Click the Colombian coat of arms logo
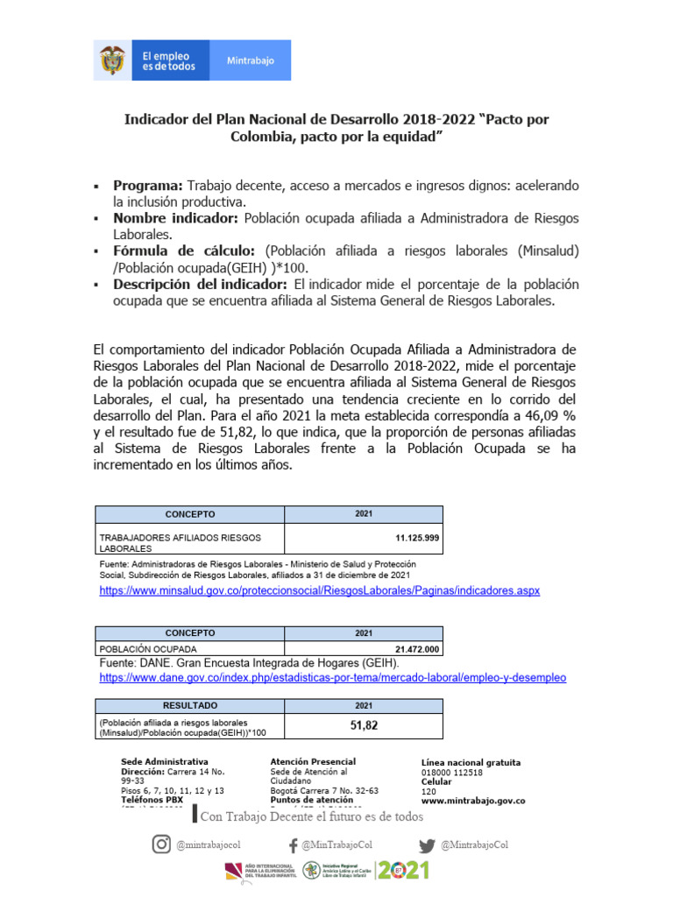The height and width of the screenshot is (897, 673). [111, 60]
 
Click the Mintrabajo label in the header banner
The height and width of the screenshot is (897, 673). [251, 61]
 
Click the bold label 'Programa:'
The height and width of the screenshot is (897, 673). [148, 187]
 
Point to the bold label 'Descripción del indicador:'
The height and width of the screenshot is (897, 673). [201, 285]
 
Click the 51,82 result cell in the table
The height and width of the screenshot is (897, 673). [364, 725]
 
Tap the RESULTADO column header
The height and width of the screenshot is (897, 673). [189, 705]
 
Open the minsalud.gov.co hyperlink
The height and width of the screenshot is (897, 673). [320, 591]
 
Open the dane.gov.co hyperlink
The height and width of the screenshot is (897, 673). [333, 678]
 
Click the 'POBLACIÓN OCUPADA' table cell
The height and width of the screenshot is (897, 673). [148, 649]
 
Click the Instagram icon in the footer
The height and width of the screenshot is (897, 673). [161, 844]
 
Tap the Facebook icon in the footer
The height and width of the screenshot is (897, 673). [293, 845]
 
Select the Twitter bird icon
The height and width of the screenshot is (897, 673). [427, 845]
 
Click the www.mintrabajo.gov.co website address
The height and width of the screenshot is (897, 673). [473, 801]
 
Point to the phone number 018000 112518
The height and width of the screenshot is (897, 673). [451, 773]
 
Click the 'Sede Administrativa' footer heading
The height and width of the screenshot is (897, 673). [164, 762]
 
